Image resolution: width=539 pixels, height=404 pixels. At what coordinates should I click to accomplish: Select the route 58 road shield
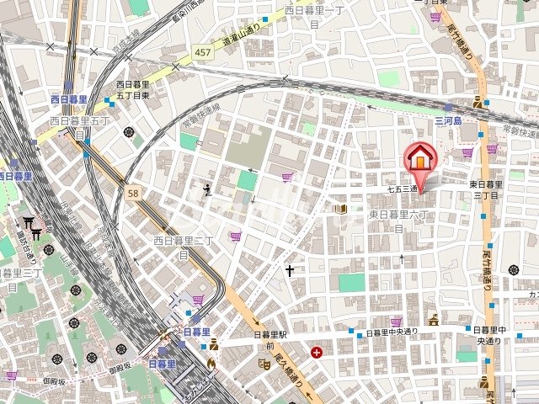click(133, 193)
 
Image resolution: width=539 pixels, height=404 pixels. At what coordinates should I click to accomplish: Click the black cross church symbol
click(290, 271)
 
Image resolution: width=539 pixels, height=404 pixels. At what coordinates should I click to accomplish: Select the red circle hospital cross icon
click(316, 353)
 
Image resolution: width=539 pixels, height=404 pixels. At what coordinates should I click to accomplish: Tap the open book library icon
click(343, 208)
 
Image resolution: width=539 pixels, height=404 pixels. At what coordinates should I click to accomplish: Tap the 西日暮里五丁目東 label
click(133, 90)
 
